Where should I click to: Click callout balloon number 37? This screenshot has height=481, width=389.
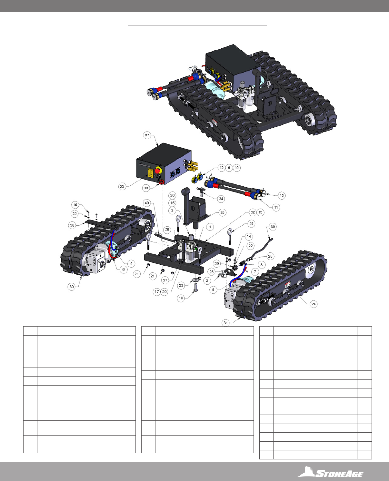pos(147,135)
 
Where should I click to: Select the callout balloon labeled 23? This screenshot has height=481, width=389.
pos(122,187)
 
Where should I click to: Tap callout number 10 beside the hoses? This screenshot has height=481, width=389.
pos(282,195)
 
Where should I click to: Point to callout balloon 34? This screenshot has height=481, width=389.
pos(221,199)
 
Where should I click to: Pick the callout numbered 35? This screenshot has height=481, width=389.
pos(222,212)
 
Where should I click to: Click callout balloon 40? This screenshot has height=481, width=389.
pos(147,203)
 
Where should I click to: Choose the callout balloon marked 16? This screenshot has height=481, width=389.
pos(75,205)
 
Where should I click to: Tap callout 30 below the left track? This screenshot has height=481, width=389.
pos(71,287)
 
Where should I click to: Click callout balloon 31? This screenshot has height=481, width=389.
pos(225,323)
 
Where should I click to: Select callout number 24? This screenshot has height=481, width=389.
pos(314,304)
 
